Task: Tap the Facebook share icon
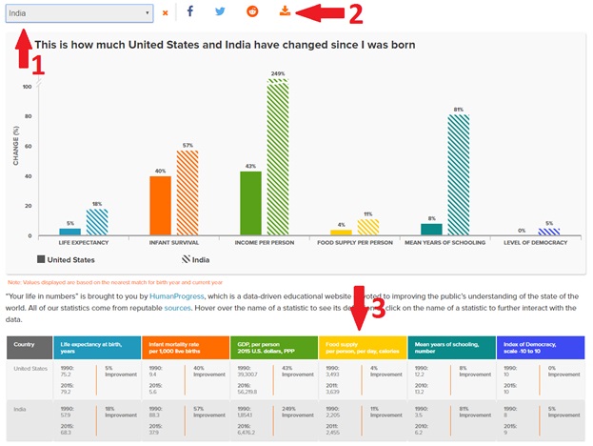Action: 189,12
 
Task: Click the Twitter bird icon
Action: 220,12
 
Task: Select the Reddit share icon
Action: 251,12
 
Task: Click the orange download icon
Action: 284,12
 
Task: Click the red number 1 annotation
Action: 38,65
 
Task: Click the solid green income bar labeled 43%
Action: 250,203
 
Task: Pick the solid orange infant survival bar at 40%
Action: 160,205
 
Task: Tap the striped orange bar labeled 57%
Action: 188,193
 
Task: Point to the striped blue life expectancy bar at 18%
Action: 97,222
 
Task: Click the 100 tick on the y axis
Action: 27,87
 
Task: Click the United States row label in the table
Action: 30,370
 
